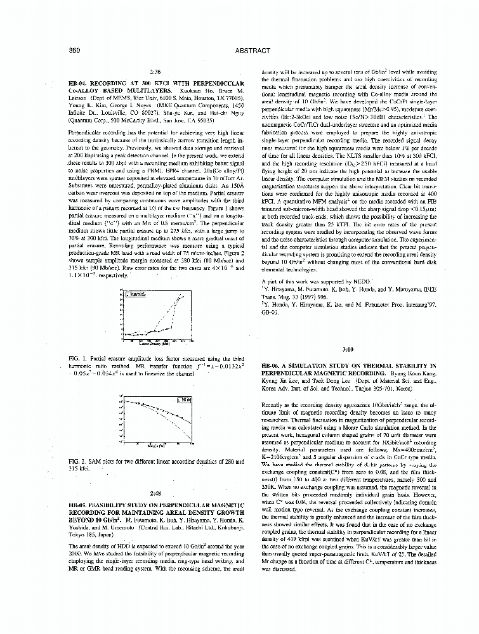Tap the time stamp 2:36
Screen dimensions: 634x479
155,73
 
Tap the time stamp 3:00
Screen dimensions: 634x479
347,349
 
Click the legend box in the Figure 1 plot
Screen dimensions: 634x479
135,295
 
